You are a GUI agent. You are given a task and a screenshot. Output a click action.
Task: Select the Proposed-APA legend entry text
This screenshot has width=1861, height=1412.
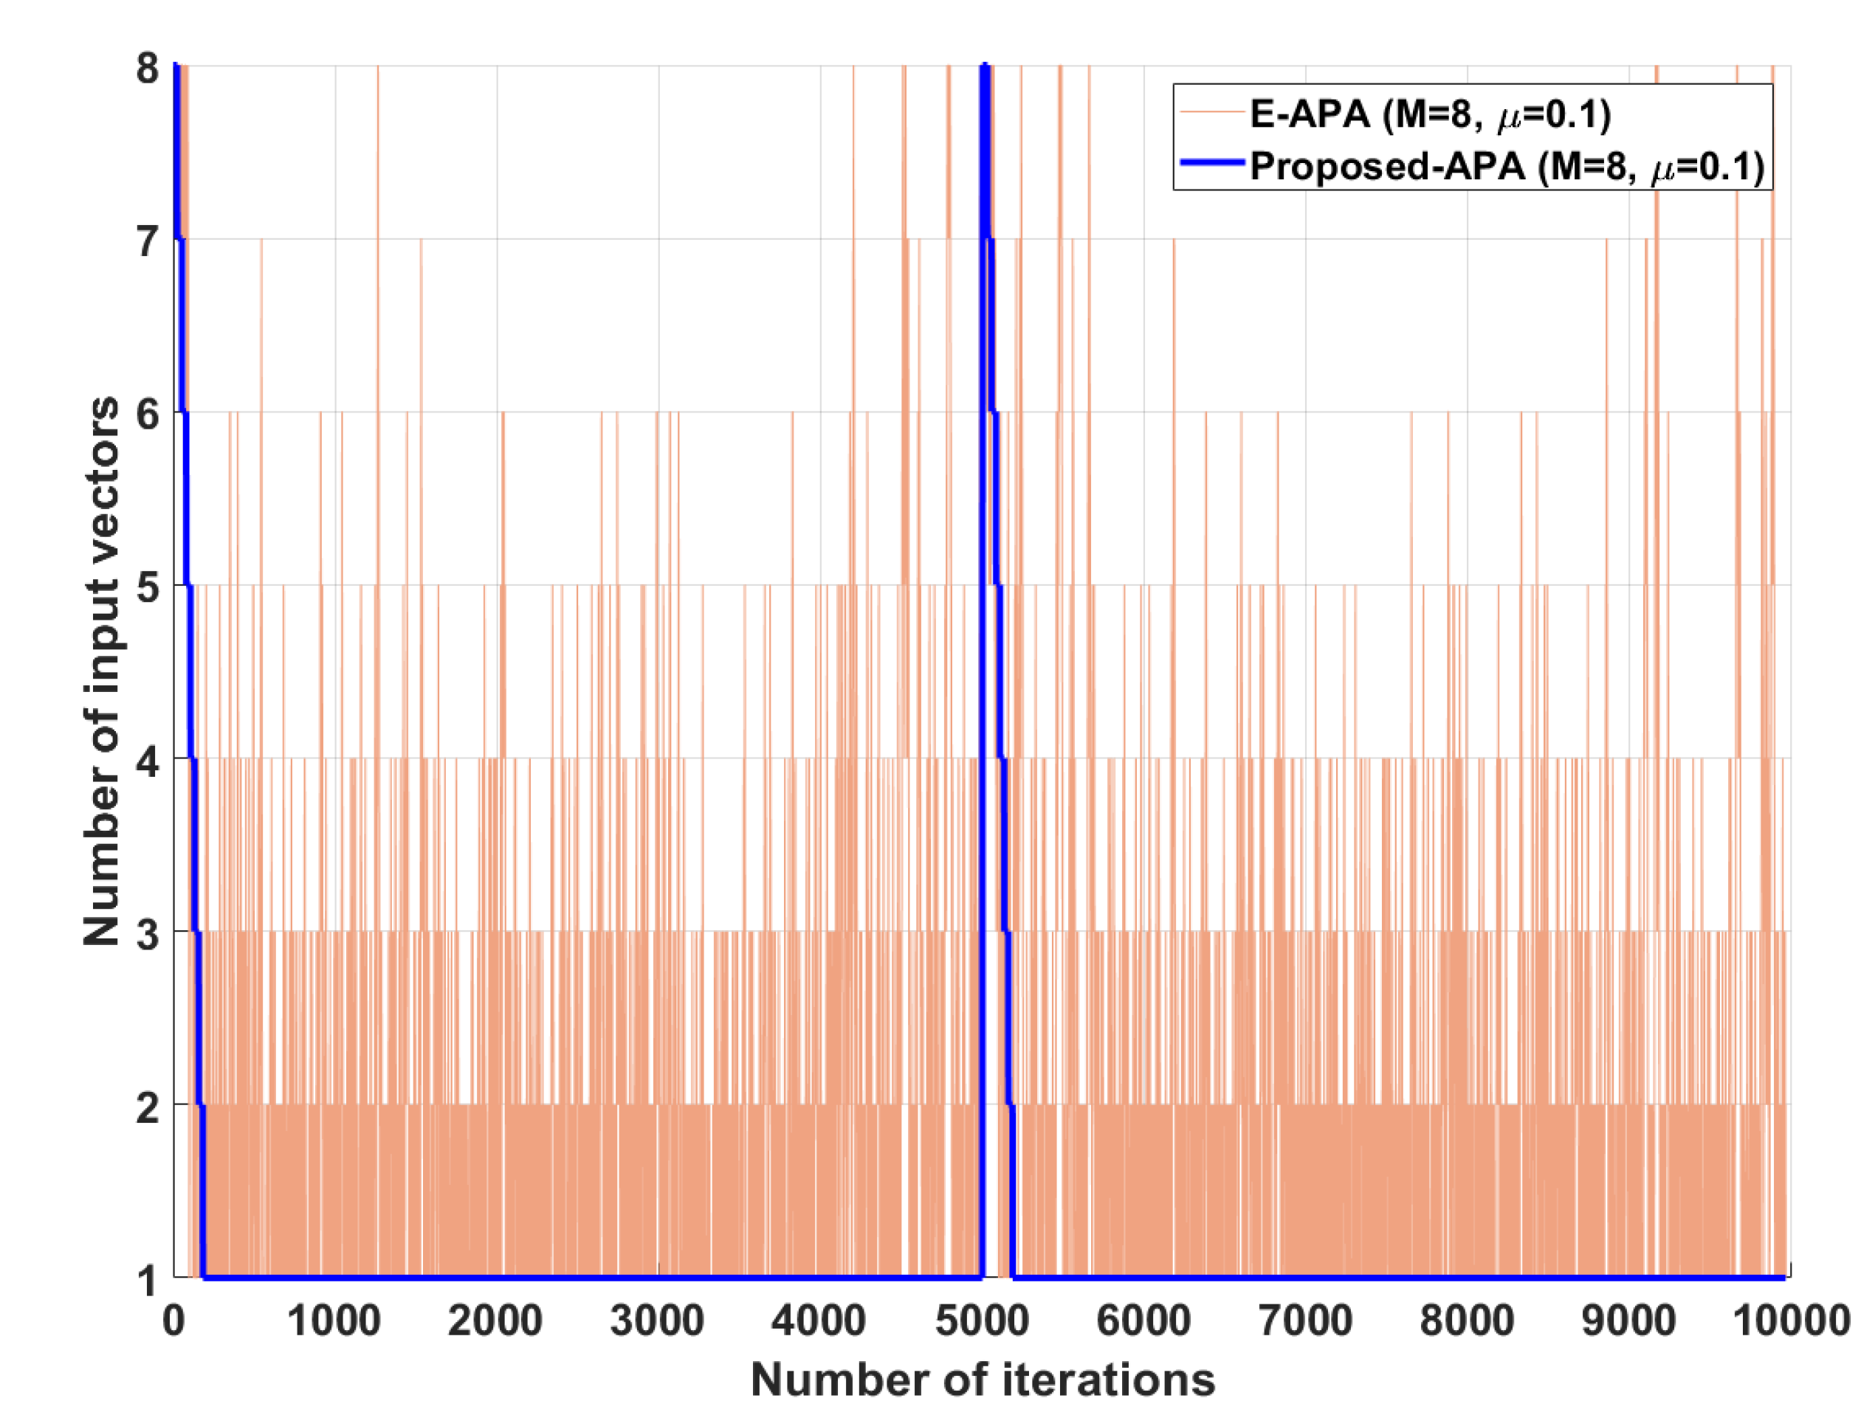[x=1506, y=167]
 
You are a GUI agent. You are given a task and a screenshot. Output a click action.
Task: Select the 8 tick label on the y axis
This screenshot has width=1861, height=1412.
[x=146, y=68]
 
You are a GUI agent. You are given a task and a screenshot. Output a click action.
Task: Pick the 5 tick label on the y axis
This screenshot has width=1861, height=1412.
[x=146, y=587]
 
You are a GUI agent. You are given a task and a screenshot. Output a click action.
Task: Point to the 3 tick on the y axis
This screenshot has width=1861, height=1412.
[x=146, y=933]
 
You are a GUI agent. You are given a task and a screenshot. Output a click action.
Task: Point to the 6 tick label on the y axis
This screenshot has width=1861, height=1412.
[x=146, y=414]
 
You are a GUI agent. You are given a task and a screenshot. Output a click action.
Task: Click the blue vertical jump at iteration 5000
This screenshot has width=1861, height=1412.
[x=982, y=673]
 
